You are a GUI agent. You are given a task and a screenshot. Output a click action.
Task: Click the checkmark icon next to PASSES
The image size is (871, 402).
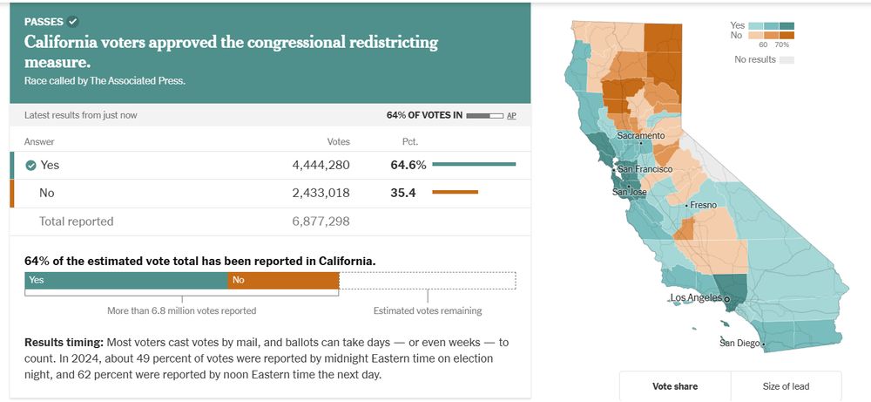[x=73, y=21]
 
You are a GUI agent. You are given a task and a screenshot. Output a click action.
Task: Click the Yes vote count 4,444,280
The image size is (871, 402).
[x=321, y=165]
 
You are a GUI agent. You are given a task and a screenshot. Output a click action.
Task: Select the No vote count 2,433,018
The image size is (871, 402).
[x=321, y=193]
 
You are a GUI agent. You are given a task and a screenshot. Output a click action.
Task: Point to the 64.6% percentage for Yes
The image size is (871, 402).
[x=408, y=165]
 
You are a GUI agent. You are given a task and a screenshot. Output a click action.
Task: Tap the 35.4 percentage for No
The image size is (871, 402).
[x=402, y=193]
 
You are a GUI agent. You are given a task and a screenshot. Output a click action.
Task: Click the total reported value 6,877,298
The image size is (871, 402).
[x=321, y=221]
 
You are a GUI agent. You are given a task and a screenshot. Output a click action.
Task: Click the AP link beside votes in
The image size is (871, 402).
[x=511, y=115]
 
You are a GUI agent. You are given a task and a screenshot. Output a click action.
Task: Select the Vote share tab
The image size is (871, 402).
[x=675, y=386]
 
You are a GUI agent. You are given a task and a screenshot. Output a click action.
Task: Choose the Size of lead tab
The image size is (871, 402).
[x=786, y=386]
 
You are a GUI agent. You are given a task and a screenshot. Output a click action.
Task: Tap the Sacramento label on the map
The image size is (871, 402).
[x=640, y=136]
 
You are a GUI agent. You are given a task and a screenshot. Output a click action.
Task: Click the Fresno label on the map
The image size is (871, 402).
[x=703, y=205]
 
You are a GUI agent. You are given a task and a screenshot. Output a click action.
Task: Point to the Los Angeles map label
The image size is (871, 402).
[x=696, y=298]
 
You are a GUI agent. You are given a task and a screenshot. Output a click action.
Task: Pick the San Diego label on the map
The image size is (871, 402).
[x=739, y=343]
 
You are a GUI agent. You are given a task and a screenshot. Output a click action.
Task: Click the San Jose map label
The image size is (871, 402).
[x=629, y=192]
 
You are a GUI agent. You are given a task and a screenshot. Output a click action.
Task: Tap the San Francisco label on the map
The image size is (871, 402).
[x=645, y=168]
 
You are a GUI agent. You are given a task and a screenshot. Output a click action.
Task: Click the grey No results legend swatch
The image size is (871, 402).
[x=787, y=60]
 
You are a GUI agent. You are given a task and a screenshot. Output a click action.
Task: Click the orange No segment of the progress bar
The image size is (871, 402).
[x=283, y=280]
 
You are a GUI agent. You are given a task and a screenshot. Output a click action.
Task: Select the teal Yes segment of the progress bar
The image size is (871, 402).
[x=126, y=280]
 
